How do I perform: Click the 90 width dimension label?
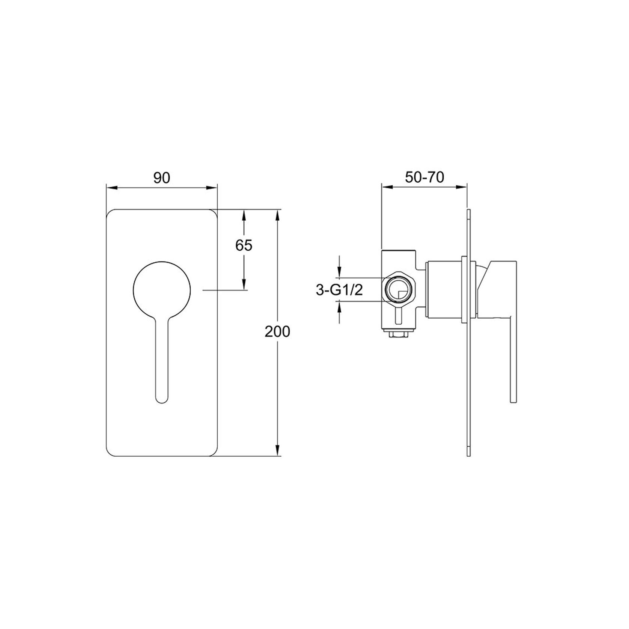pos(162,178)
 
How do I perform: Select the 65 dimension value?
pos(244,245)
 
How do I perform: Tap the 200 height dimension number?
pos(277,332)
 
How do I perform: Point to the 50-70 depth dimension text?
pos(424,177)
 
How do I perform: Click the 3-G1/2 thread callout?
pos(339,290)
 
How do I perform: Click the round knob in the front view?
pos(162,289)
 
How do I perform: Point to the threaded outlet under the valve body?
pos(398,334)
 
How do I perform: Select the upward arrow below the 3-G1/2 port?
pos(340,306)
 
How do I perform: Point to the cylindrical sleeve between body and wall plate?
pos(445,289)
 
